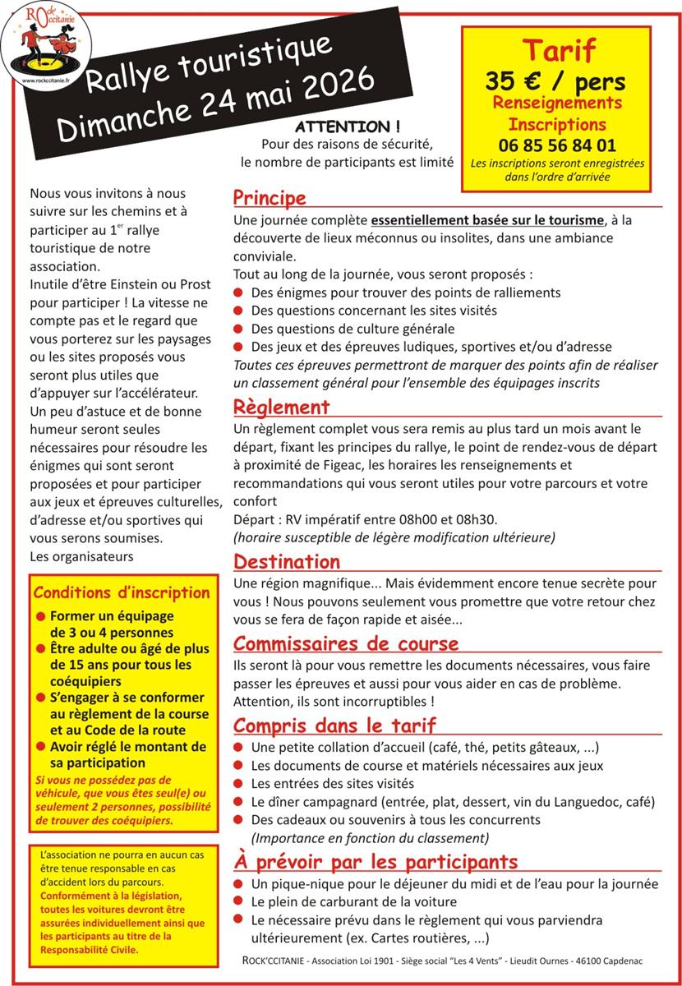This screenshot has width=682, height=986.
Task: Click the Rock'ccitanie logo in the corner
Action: [46, 46]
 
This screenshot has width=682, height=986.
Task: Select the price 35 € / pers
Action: [555, 82]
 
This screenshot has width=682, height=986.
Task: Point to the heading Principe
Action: [270, 198]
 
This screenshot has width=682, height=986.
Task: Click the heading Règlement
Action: [282, 408]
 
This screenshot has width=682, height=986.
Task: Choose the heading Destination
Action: [287, 562]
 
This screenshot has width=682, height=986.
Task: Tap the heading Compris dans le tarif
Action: [334, 725]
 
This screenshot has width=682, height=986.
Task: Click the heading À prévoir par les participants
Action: [376, 862]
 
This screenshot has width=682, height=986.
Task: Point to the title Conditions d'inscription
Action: [122, 593]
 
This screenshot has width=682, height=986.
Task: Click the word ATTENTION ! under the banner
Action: [348, 127]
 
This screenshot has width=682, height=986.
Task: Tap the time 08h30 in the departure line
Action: [477, 519]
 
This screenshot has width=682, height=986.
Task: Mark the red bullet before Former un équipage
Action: [40, 616]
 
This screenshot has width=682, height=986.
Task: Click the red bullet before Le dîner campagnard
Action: [238, 801]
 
